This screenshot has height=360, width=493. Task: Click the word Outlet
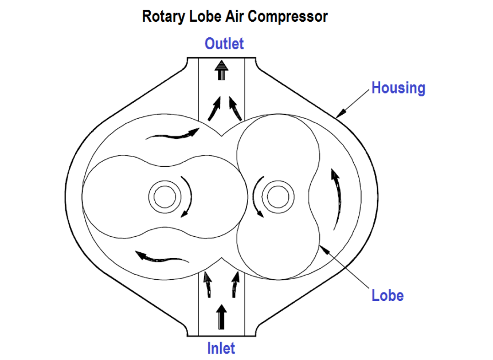(x=224, y=44)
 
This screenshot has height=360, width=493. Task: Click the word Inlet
(x=221, y=347)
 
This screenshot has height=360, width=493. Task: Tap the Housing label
(x=398, y=88)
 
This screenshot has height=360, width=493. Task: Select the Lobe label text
(x=388, y=296)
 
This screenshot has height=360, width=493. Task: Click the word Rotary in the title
(x=163, y=16)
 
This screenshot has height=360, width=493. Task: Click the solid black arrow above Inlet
(x=222, y=315)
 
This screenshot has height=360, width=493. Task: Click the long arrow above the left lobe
(x=172, y=135)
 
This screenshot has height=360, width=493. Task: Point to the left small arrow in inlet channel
(x=207, y=285)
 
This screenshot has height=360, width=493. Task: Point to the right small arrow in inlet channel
(x=235, y=285)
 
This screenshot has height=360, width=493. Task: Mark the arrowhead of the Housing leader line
(x=338, y=115)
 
